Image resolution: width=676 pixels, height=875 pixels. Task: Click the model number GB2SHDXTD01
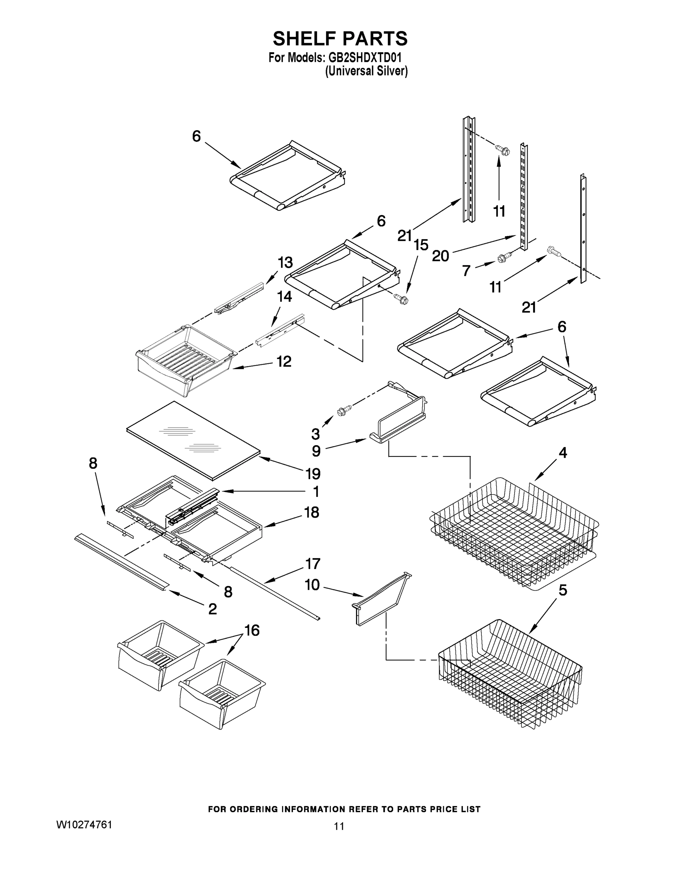(365, 58)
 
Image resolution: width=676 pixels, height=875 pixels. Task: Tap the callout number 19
(313, 474)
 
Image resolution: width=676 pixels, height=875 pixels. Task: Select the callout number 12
(284, 362)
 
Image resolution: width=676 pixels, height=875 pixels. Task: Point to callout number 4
(563, 453)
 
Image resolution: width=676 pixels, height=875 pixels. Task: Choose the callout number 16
(252, 631)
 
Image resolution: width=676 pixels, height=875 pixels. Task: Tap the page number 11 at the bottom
(339, 826)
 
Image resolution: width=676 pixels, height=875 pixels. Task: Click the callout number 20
(441, 256)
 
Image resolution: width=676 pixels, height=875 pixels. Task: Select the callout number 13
(285, 263)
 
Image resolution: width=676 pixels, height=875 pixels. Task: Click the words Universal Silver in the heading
(367, 71)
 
